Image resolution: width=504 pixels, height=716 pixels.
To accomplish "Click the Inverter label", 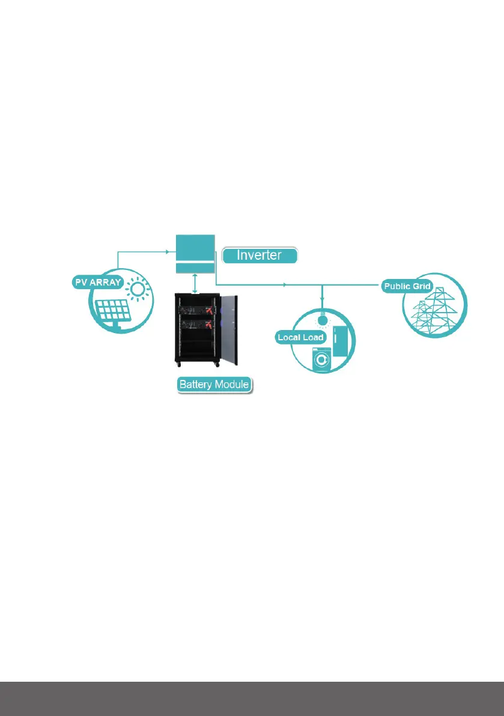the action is pos(260,255).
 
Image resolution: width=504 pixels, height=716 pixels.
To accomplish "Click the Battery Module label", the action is pos(214,385).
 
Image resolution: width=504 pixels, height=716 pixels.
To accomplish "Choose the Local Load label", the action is pos(300,337).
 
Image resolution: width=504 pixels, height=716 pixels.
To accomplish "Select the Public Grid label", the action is pos(407,286).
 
